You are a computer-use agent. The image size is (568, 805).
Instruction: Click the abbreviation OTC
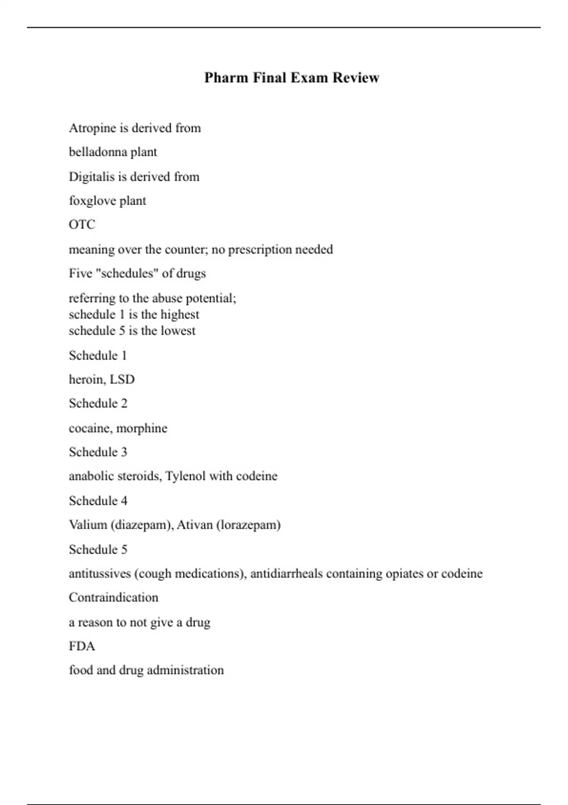click(82, 224)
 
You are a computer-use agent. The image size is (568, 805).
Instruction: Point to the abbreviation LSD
click(122, 379)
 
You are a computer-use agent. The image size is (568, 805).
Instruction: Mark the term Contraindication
click(114, 598)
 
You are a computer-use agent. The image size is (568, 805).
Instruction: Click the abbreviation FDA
click(82, 646)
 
